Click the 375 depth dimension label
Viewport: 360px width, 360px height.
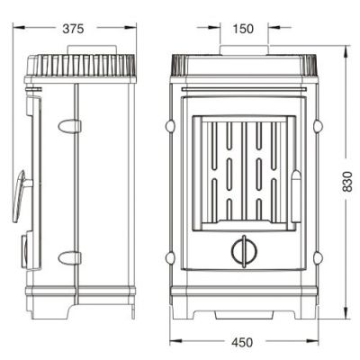[x=73, y=29]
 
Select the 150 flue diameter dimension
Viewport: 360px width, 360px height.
[x=243, y=29]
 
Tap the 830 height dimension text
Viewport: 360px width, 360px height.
[x=346, y=181]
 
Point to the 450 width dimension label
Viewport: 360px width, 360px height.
[x=242, y=342]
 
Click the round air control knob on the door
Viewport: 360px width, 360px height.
[x=244, y=251]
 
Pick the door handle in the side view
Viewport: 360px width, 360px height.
[x=22, y=196]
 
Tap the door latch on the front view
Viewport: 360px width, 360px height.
[x=296, y=196]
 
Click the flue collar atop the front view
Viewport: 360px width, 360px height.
[x=244, y=50]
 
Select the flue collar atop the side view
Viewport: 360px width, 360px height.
[x=92, y=49]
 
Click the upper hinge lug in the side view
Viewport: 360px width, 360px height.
[x=69, y=126]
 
